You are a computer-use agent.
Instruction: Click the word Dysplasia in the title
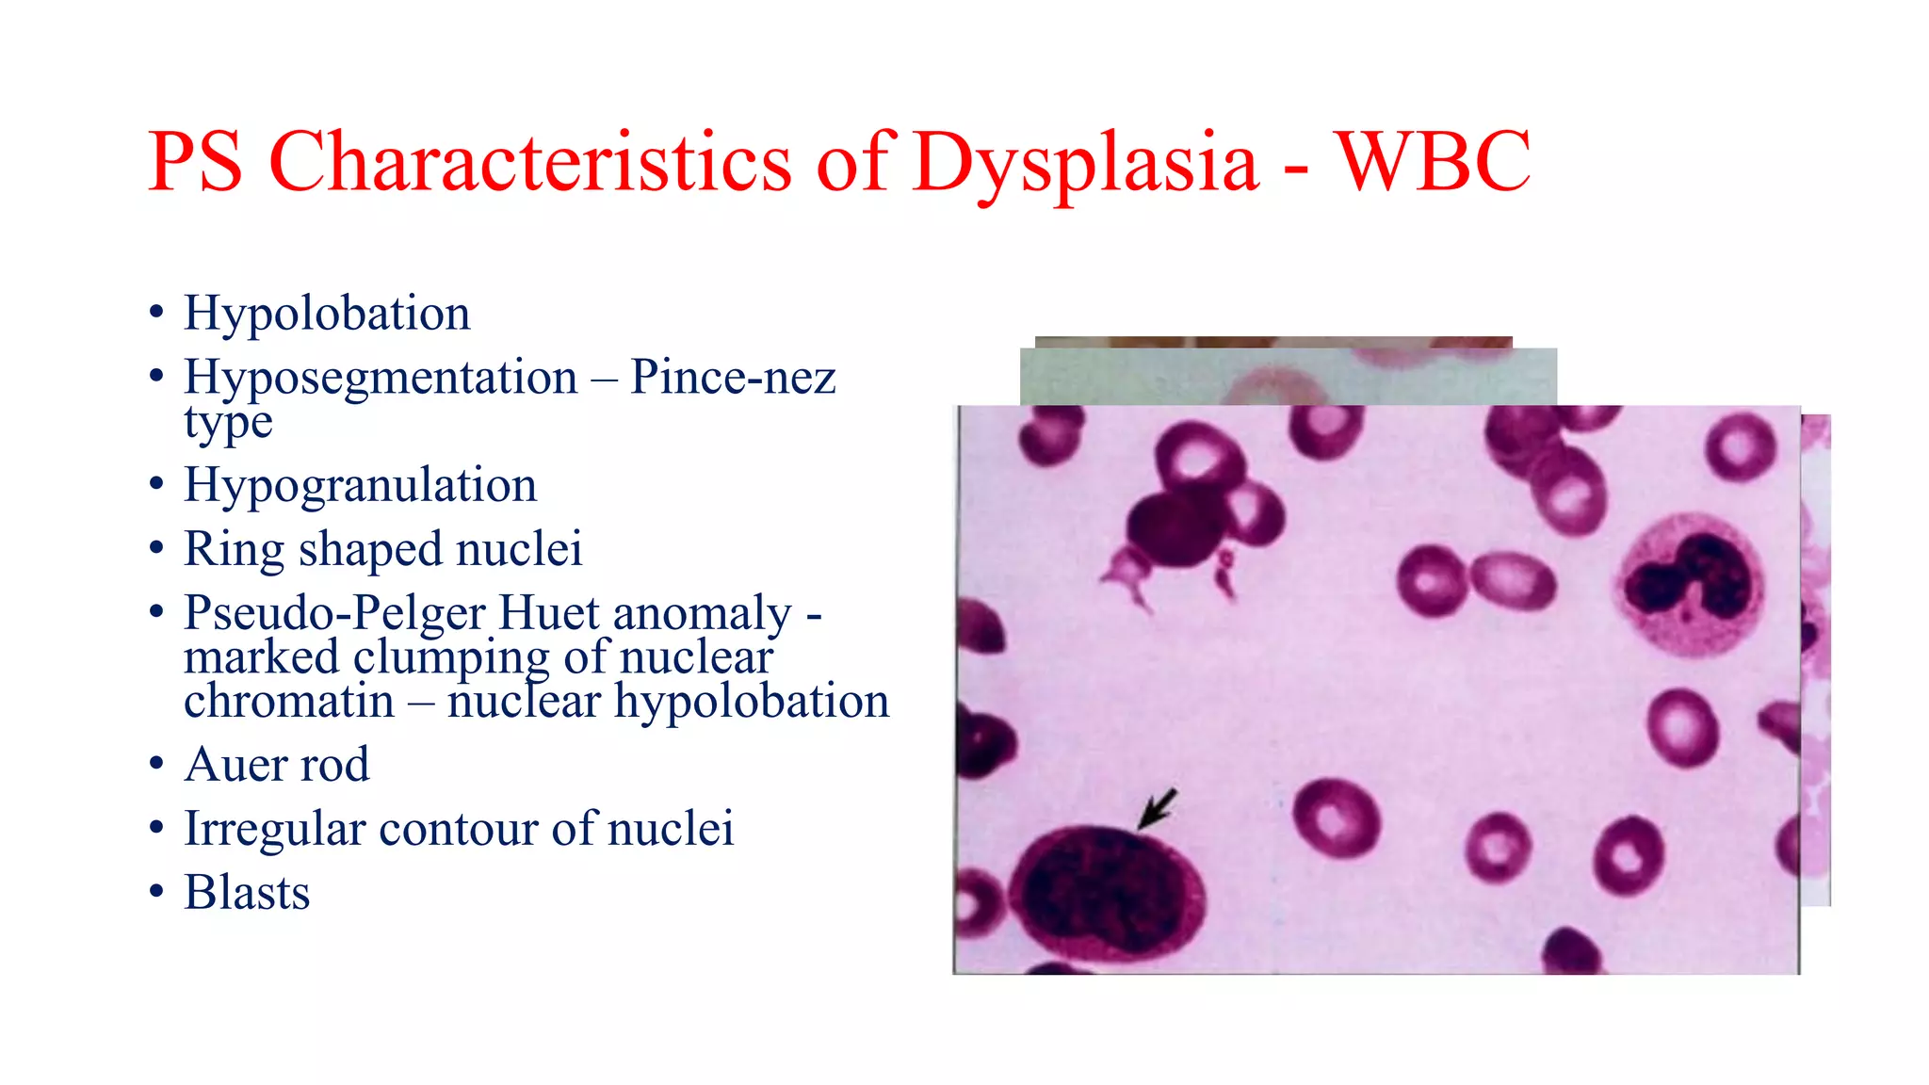click(1085, 162)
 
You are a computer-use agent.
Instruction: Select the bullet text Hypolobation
click(327, 313)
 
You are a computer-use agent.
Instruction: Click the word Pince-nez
click(733, 377)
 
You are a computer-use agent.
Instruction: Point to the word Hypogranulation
click(360, 485)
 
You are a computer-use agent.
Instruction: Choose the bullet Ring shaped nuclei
click(382, 549)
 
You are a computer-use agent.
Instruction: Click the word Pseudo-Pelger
click(334, 613)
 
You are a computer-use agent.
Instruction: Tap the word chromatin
click(289, 701)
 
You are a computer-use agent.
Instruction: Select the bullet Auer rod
click(276, 764)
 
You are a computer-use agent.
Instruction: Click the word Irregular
click(275, 829)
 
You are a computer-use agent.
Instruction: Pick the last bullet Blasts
click(247, 892)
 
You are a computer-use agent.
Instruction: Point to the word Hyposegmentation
click(381, 377)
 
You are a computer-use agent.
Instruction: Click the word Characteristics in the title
click(529, 162)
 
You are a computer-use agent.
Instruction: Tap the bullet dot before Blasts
click(156, 891)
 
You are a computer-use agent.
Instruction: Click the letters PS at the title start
click(196, 162)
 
